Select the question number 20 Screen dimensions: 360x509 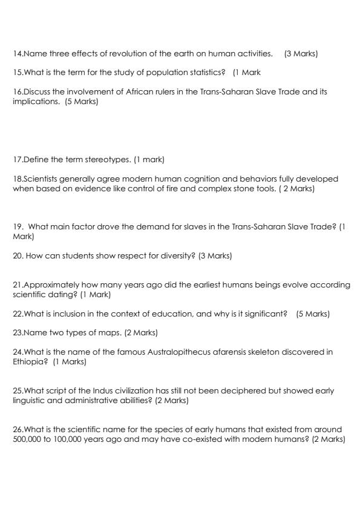[x=18, y=255]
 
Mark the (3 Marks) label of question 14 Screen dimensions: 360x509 [x=301, y=54]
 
